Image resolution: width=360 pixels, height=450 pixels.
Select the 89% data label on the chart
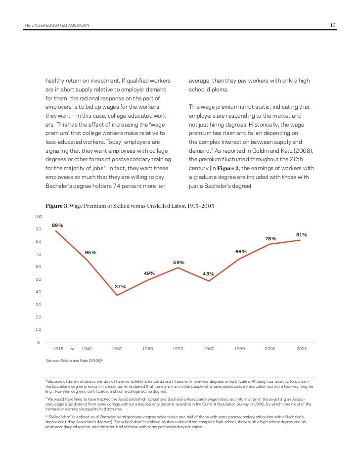click(x=57, y=225)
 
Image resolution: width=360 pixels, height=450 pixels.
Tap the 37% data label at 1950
click(x=121, y=286)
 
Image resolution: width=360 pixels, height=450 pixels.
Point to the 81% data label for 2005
click(x=302, y=234)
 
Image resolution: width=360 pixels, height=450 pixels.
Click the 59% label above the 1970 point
click(x=179, y=262)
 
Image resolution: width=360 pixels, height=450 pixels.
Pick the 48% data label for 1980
click(x=208, y=273)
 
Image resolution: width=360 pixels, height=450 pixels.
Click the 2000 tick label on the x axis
click(x=270, y=349)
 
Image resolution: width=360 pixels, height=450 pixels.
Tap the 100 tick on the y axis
click(x=38, y=217)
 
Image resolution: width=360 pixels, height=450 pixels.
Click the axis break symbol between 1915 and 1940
click(x=72, y=349)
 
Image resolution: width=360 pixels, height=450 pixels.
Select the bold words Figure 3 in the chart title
click(x=56, y=205)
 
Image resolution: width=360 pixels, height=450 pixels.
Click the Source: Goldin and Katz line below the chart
click(x=74, y=361)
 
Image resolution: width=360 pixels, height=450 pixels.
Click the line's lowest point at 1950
click(x=117, y=295)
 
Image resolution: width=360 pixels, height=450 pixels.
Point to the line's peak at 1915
click(x=56, y=230)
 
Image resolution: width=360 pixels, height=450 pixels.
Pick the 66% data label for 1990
click(x=240, y=251)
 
